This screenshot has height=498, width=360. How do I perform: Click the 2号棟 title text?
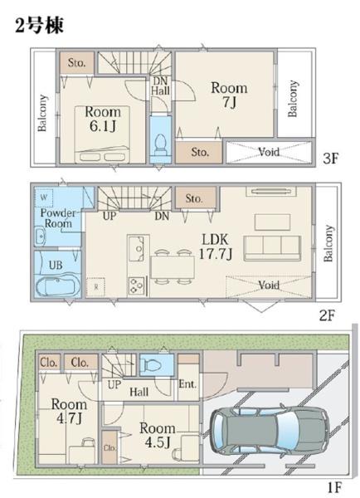coord(39,25)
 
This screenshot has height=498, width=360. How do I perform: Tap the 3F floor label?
coord(330,159)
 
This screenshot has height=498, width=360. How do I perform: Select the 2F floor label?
coord(327,315)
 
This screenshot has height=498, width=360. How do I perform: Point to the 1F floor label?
coord(333,487)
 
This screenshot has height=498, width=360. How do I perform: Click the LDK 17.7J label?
coord(216,247)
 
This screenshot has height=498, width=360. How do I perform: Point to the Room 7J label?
coord(229,95)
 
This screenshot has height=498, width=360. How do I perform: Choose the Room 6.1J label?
coord(103,119)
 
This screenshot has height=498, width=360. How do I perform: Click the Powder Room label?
coord(58,217)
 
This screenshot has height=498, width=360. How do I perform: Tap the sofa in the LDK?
coord(272,248)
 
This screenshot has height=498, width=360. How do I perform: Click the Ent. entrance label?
coord(187,384)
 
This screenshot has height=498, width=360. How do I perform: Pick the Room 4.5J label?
coord(158,435)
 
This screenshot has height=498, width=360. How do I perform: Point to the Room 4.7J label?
coord(69,411)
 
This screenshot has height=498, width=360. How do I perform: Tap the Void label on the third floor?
coord(269,152)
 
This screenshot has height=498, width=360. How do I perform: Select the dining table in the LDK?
coord(173,266)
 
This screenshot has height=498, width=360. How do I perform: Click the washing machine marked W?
coord(44,198)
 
